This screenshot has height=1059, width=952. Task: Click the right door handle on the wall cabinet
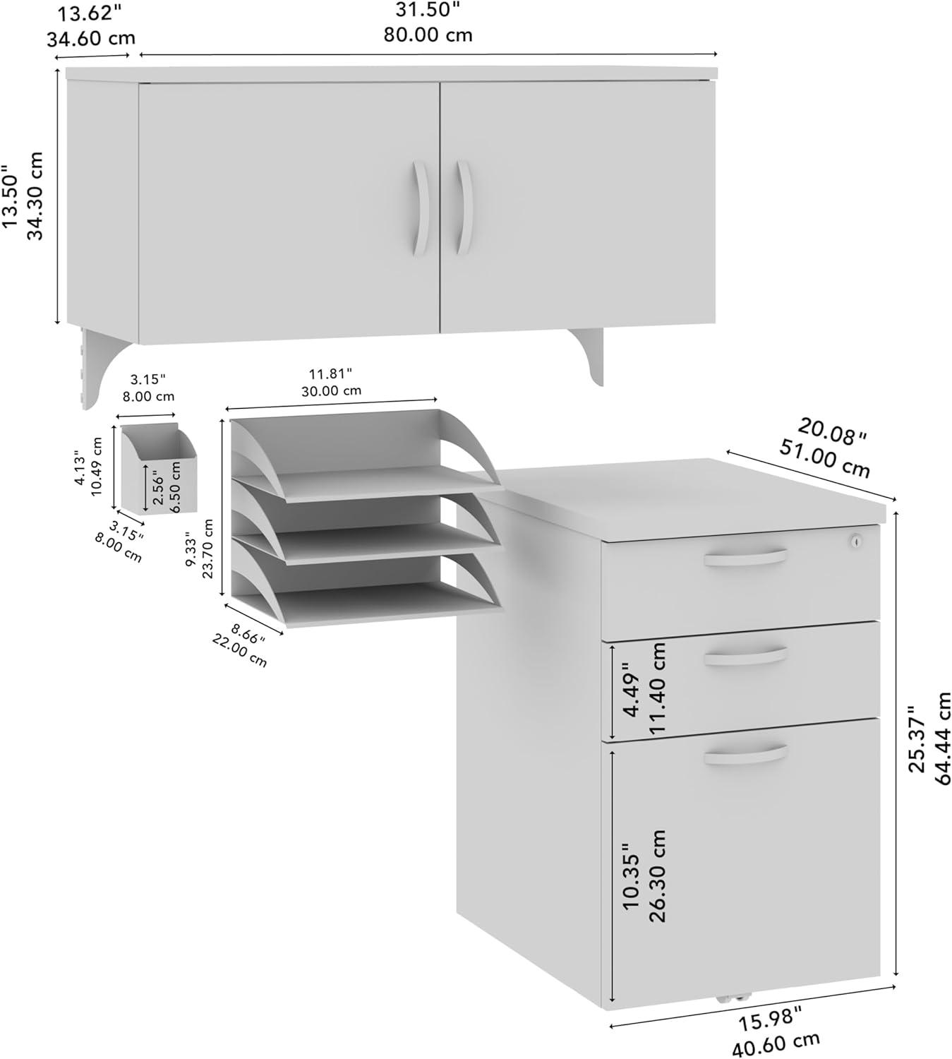click(463, 208)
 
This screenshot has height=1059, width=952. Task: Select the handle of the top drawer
click(745, 558)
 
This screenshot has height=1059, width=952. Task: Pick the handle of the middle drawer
click(745, 656)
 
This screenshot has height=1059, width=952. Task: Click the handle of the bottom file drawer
click(745, 755)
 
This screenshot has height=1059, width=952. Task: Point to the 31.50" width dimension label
click(428, 11)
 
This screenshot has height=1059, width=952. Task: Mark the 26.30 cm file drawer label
click(657, 875)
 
